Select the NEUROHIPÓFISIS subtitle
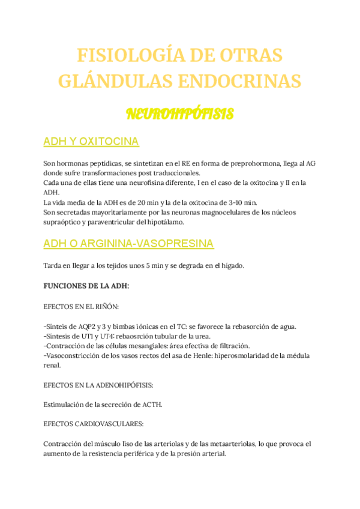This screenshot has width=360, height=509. pos(179,114)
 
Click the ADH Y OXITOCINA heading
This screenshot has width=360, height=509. pos(91,142)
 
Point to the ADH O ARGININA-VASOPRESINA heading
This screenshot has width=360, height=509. pos(128,244)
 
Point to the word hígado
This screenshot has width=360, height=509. pos(227,265)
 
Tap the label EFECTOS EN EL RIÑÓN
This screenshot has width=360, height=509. pos(81,306)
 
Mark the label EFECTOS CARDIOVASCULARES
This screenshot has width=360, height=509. pos(93,424)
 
